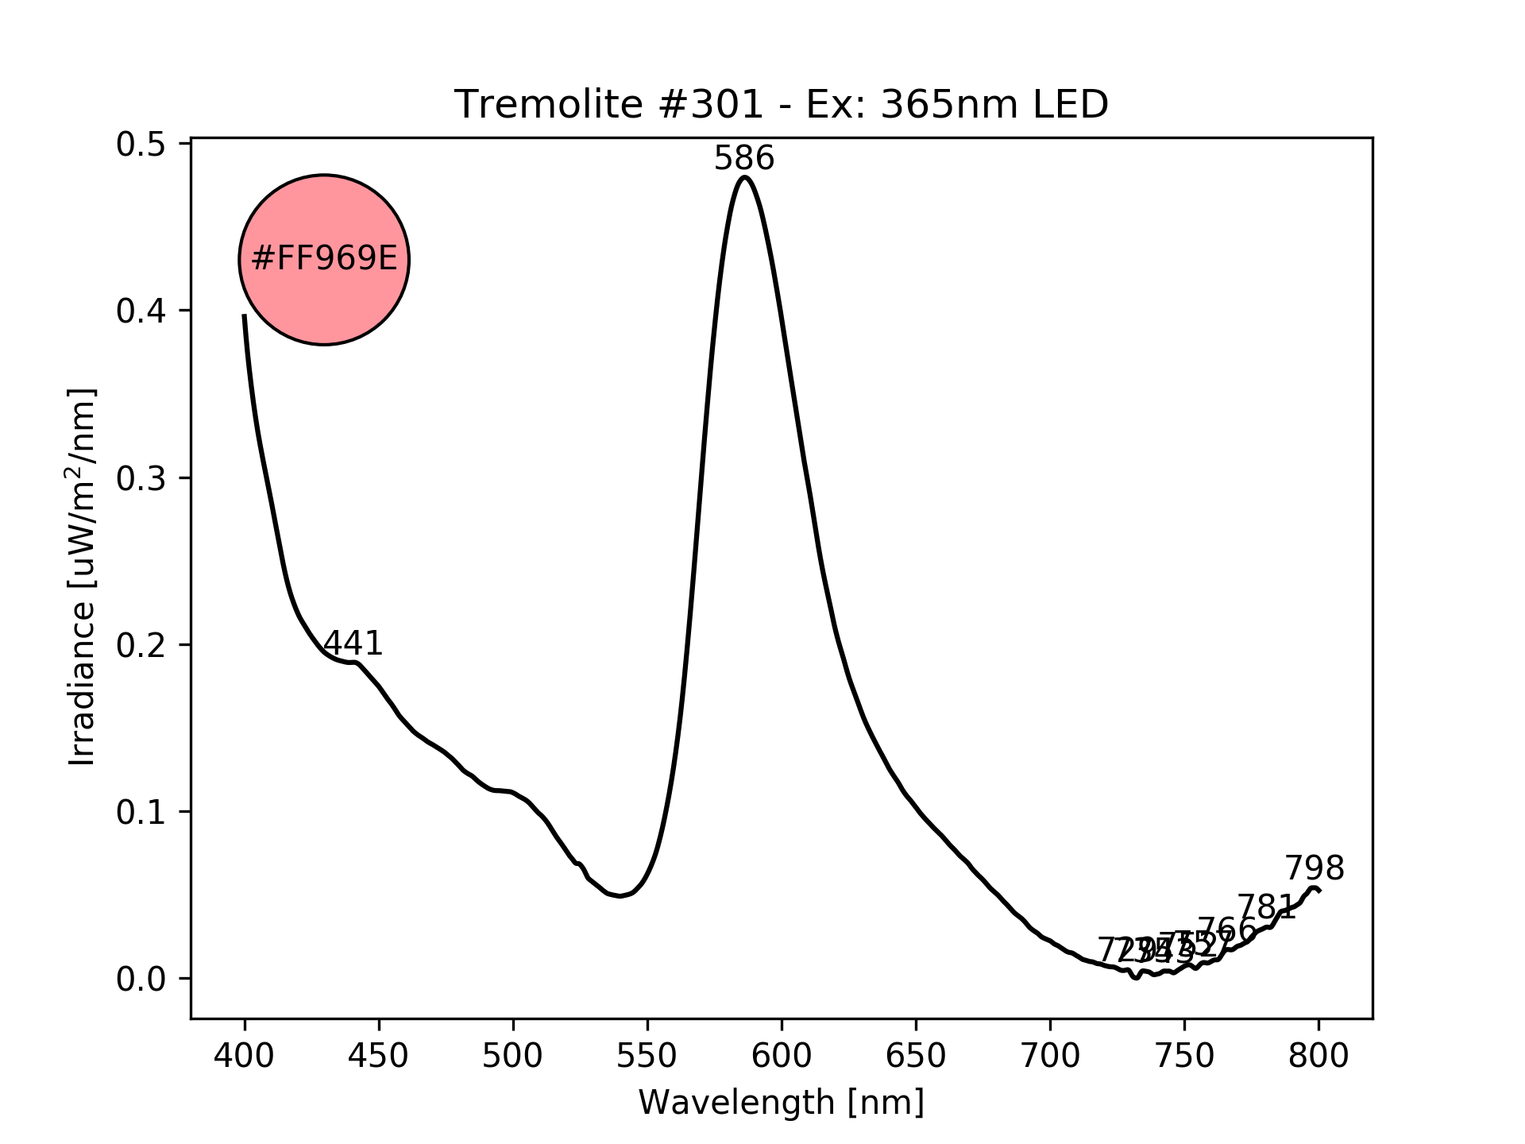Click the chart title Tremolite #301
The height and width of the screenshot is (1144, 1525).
point(781,105)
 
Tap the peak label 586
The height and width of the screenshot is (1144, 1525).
point(743,159)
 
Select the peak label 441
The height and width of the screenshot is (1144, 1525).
point(353,643)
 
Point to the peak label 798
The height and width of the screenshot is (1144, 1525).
point(1315,869)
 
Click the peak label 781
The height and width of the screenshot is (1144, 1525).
point(1267,907)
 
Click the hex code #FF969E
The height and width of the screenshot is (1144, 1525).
point(324,259)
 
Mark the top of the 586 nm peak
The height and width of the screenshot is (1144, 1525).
point(744,177)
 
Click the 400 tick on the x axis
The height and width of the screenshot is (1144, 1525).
point(245,1056)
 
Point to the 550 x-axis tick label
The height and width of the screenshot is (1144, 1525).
point(647,1056)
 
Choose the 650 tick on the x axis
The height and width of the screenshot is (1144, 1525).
point(916,1056)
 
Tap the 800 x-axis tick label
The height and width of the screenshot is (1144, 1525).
point(1318,1056)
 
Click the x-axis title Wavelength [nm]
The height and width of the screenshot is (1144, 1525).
point(781,1103)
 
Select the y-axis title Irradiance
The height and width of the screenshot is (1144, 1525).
point(82,578)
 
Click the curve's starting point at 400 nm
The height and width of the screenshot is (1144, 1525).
point(245,315)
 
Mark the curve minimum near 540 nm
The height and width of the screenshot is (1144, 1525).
point(620,896)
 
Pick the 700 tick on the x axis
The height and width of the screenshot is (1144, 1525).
point(1050,1056)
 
